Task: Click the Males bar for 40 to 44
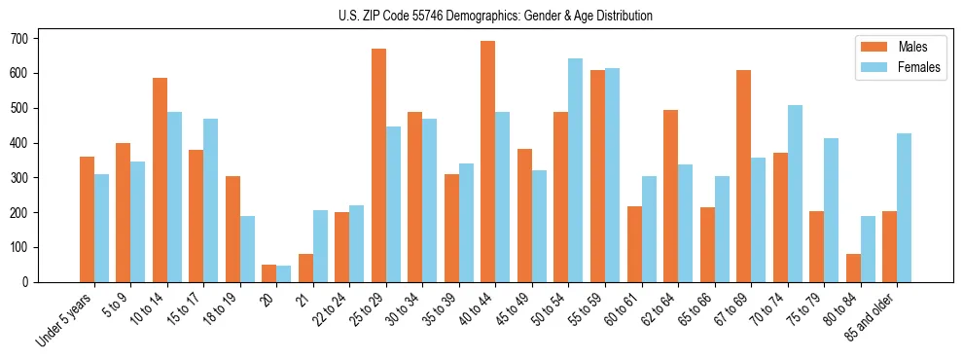tap(488, 162)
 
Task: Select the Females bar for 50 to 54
tap(576, 170)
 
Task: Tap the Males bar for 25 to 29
tap(378, 165)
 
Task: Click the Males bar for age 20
tap(269, 273)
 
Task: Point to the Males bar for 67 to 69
tap(743, 176)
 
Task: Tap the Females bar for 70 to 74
tap(795, 194)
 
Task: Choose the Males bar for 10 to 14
tap(160, 180)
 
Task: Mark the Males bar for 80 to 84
tap(853, 268)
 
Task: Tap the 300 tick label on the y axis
tap(25, 178)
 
